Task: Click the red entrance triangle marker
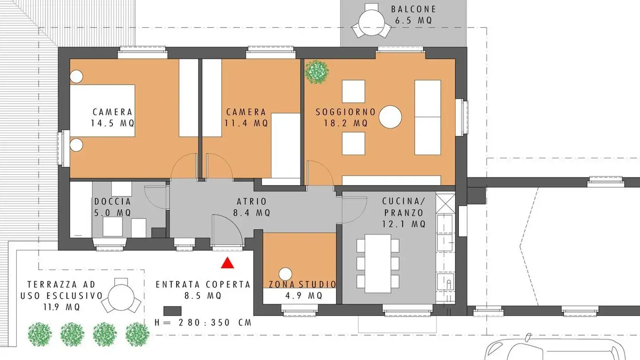coord(228,264)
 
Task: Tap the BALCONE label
coord(413,9)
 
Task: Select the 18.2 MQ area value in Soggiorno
coord(346,123)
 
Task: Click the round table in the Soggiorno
coord(391,117)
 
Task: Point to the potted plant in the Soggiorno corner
coord(317,72)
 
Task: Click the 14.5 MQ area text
coord(112,123)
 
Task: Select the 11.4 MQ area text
coord(246,123)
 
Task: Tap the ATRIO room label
coord(252,201)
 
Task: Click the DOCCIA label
coord(113,201)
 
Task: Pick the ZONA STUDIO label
coord(303,284)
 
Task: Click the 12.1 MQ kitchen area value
coord(404,224)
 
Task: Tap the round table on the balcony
coord(372,20)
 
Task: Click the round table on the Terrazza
coord(121,296)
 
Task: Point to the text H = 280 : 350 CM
coord(203,322)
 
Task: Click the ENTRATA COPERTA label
coord(203,284)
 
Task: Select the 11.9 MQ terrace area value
coord(61,307)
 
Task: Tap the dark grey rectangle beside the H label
coord(172,310)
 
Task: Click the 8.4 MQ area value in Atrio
coord(252,212)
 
